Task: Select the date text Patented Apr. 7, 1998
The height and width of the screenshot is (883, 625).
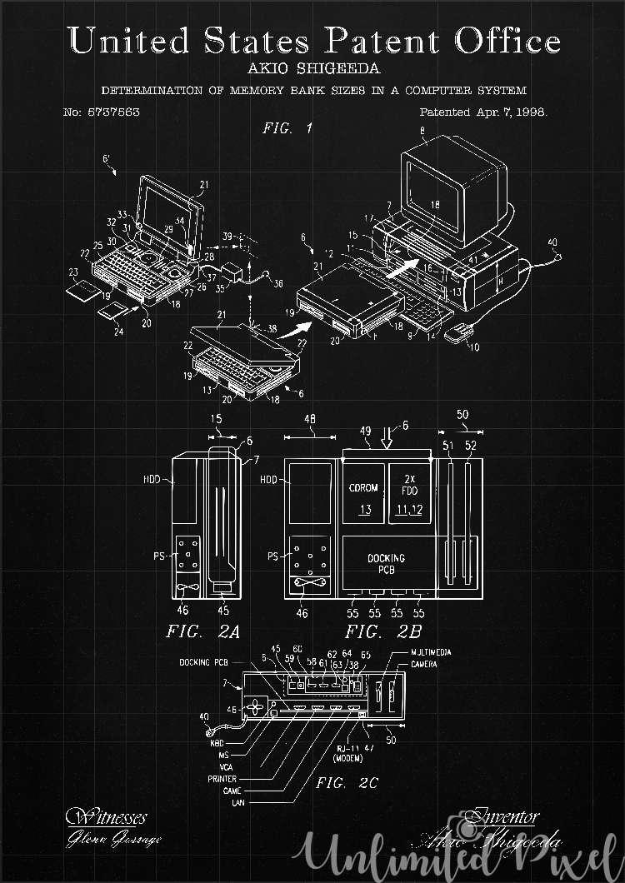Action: pos(483,111)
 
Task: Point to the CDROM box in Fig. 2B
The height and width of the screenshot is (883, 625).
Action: pos(364,496)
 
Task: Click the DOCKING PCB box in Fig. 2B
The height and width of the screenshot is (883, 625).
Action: pos(386,564)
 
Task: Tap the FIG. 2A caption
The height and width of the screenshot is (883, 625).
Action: pos(202,631)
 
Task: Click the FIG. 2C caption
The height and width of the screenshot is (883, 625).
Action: pos(347,783)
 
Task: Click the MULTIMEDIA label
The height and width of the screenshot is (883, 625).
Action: pos(431,652)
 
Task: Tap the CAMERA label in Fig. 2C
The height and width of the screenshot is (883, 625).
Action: pos(425,664)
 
